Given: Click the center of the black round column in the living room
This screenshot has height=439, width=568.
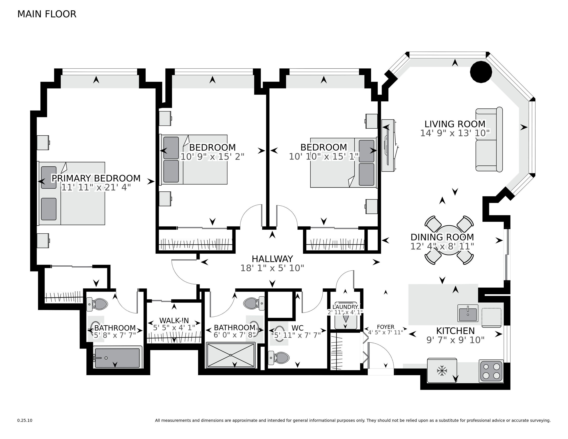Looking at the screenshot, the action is [481, 72].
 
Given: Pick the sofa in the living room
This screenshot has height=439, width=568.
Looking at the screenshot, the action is [489, 139].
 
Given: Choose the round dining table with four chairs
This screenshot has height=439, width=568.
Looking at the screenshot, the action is [449, 240].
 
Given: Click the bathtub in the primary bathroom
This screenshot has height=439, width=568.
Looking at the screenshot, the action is [117, 358].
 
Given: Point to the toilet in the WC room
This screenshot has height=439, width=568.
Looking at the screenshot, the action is [279, 358].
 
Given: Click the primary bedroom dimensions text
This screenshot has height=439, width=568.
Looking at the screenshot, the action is [96, 187].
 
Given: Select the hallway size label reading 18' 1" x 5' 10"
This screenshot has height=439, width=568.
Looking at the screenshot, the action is [272, 268].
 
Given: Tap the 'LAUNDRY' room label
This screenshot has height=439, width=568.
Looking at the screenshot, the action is [345, 307].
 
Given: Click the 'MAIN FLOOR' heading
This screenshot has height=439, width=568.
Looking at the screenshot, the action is [47, 14].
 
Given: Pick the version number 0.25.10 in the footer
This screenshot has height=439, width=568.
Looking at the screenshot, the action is [25, 420].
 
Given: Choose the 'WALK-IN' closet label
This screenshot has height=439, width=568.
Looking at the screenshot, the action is [174, 320].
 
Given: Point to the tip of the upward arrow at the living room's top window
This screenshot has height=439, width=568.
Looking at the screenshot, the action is [455, 59].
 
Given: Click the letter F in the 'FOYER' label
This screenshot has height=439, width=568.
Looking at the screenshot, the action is [378, 327].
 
